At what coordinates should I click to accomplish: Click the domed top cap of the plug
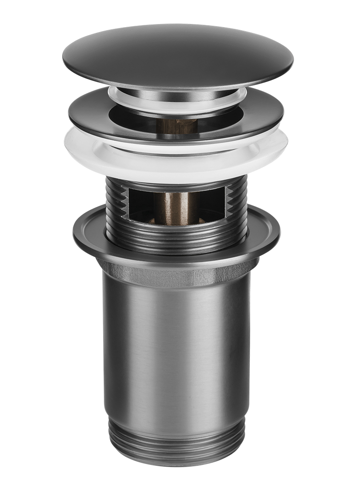coord(178,53)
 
